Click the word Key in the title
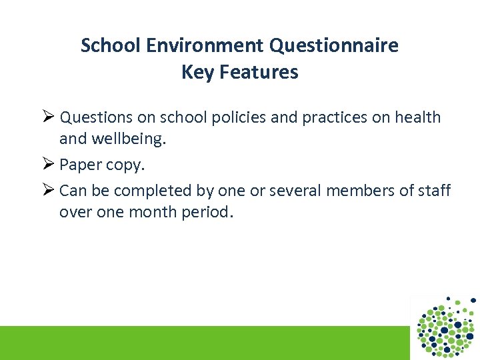(x=197, y=72)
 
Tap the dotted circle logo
(x=446, y=326)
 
